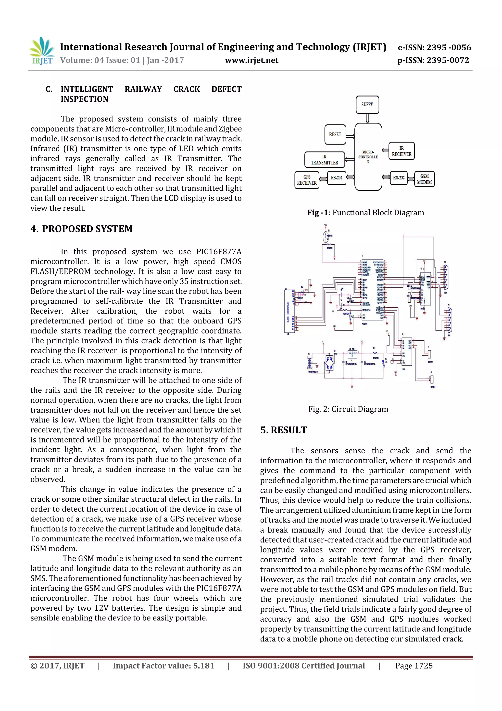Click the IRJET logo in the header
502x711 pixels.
(x=42, y=51)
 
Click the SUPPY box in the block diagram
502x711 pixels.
(x=367, y=105)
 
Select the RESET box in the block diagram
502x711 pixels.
(x=335, y=134)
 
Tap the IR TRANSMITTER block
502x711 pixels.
(x=325, y=160)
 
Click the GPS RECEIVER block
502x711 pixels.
(x=307, y=180)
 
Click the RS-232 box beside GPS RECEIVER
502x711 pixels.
(x=337, y=178)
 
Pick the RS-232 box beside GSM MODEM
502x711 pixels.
(x=399, y=178)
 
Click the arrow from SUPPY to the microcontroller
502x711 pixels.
(x=367, y=118)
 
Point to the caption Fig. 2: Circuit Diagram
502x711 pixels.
(x=348, y=409)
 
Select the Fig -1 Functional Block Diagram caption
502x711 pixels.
(x=366, y=213)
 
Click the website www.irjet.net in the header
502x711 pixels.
(x=251, y=60)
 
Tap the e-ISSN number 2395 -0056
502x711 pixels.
(x=449, y=47)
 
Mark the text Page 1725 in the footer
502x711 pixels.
(x=414, y=666)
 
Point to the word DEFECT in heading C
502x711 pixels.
(x=226, y=89)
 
